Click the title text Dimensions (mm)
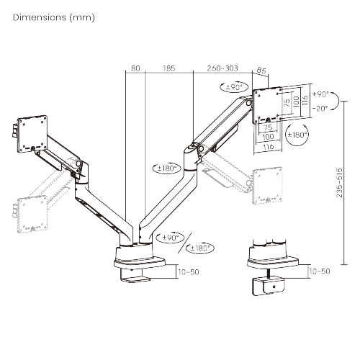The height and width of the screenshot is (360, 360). pos(53,16)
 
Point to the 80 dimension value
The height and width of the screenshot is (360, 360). pos(135,69)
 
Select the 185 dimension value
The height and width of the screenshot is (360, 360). pos(169,69)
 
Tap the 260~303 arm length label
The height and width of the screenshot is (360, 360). pos(221,69)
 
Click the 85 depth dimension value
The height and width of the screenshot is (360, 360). pos(261,71)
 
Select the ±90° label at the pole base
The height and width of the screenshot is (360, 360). pos(171,237)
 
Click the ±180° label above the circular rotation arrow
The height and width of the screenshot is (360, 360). pos(297,135)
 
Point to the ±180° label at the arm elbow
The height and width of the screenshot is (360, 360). pos(166,168)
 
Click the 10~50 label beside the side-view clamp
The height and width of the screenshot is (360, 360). pos(319,271)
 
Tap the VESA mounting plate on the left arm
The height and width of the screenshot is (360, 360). pos(31,130)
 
